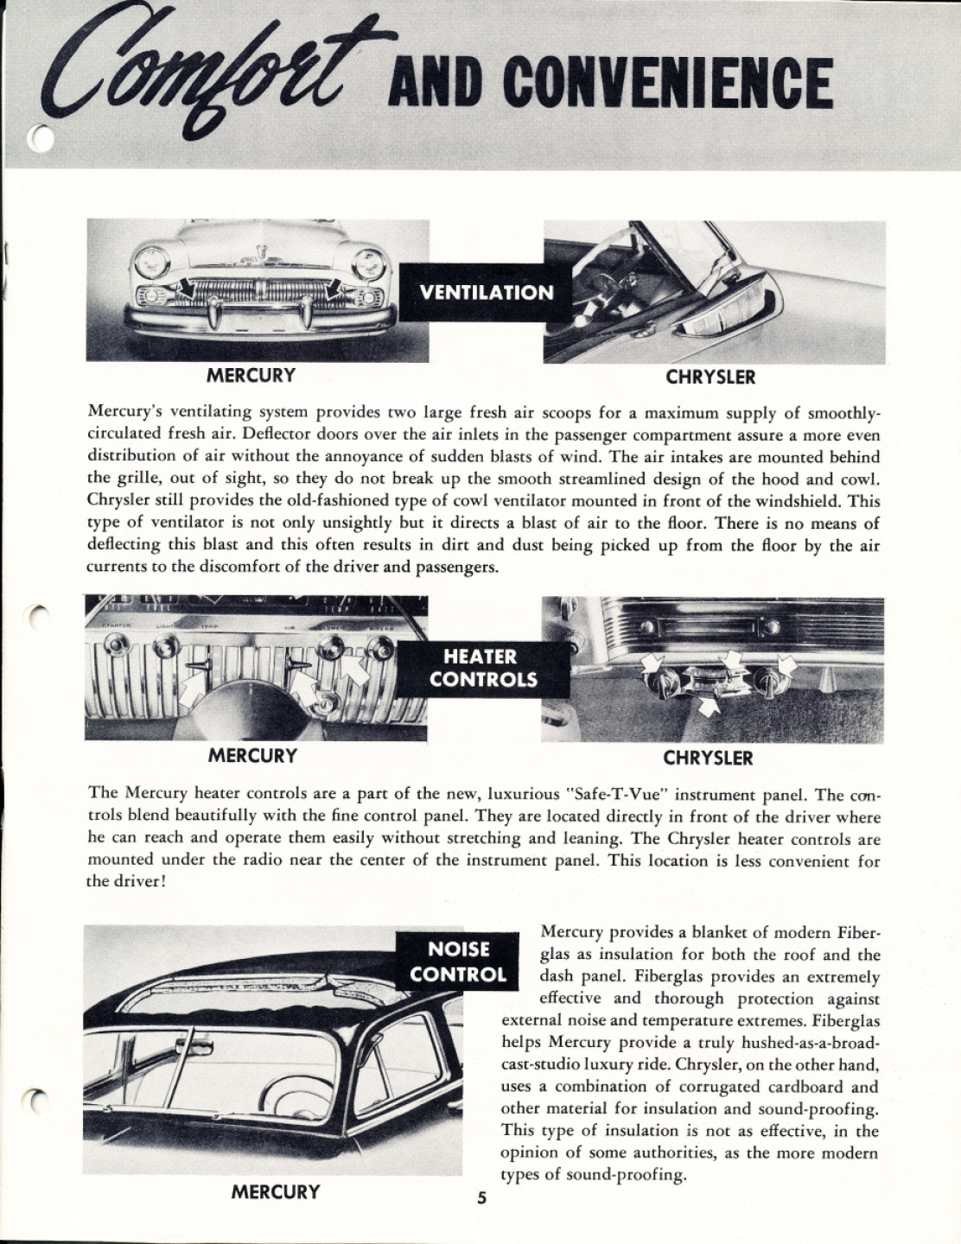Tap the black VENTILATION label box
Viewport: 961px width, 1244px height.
click(486, 291)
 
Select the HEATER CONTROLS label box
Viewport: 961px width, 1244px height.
click(484, 668)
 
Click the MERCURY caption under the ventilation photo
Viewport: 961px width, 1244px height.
click(251, 375)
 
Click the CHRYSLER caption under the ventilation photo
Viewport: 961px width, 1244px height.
click(710, 377)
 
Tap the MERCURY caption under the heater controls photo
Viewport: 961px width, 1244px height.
click(252, 755)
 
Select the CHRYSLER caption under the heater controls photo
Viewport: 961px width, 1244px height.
click(708, 758)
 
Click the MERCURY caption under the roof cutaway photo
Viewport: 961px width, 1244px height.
click(275, 1192)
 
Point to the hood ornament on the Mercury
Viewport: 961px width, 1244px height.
click(259, 253)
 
